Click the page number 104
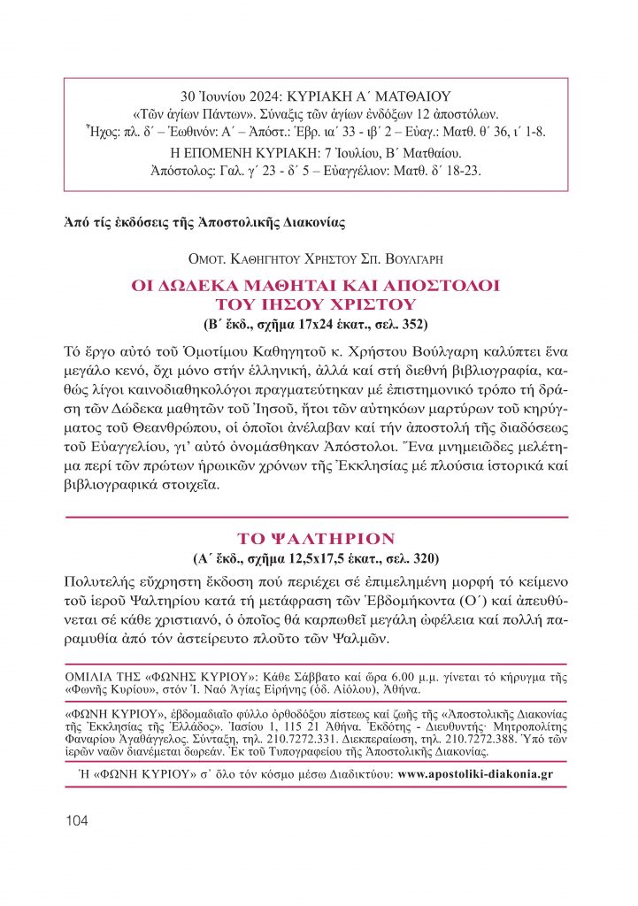point(77,820)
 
